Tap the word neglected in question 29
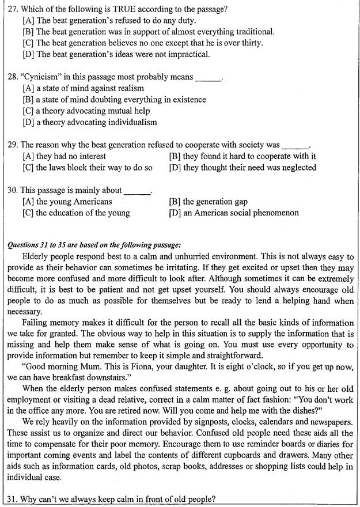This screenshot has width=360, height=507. coord(295,168)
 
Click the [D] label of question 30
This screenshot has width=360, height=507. coord(175,213)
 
